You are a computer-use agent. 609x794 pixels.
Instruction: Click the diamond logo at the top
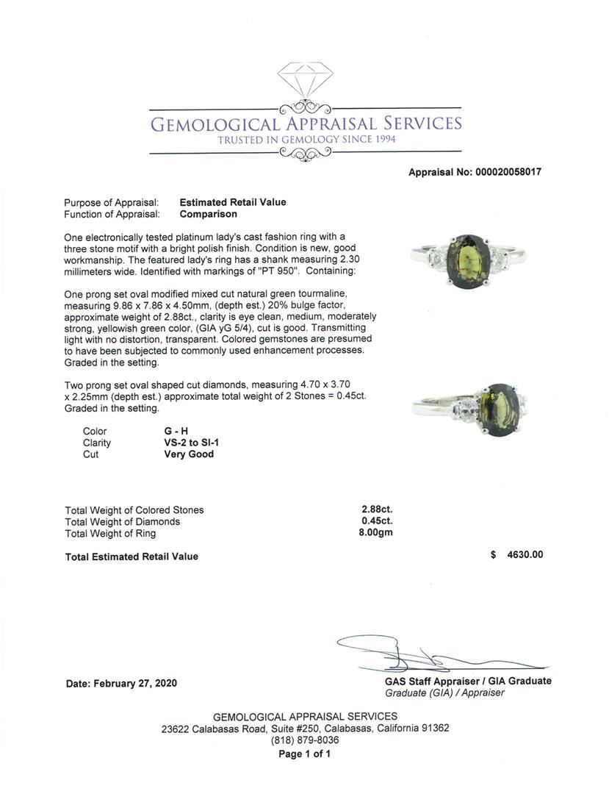(305, 79)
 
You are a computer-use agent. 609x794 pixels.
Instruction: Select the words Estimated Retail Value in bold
(233, 202)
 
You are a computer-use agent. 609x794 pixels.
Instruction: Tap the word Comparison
(209, 214)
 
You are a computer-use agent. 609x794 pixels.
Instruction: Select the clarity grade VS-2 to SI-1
(194, 443)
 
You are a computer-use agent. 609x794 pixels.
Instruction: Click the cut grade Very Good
(189, 454)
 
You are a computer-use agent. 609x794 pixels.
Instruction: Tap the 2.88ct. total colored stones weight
(377, 509)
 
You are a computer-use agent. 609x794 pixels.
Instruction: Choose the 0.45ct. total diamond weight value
(377, 521)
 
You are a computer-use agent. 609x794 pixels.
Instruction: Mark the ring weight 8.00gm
(375, 533)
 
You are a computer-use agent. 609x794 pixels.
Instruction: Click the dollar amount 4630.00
(525, 555)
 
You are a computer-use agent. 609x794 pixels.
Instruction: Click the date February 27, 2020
(121, 683)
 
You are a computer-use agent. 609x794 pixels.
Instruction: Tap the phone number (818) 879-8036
(305, 740)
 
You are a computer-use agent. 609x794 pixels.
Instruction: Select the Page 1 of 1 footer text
(305, 754)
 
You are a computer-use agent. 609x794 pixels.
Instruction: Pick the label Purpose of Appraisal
(112, 202)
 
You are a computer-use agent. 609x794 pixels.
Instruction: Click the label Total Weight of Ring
(110, 533)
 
